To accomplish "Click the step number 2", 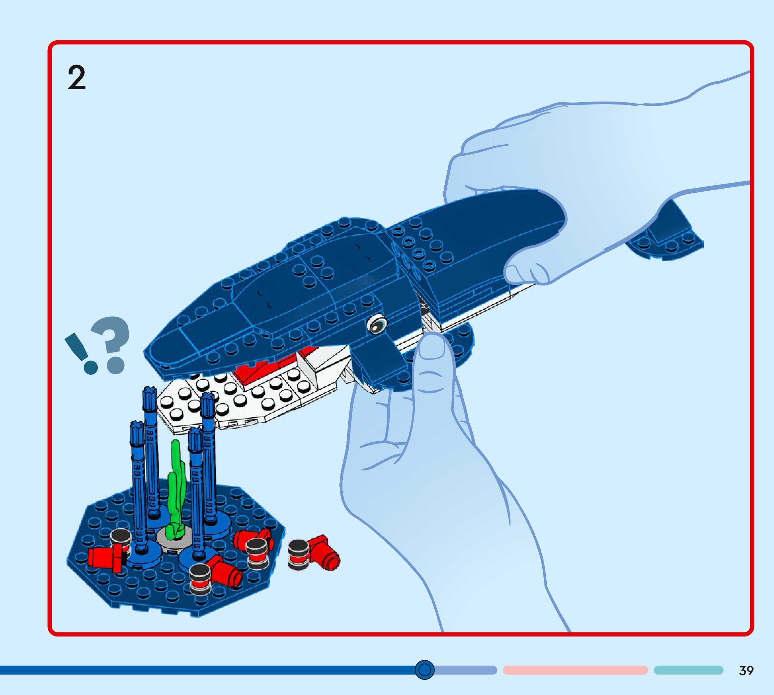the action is point(77,78).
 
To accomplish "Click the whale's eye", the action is point(377,324).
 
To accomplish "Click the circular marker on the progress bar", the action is point(424,669).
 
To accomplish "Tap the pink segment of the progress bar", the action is point(575,670).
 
